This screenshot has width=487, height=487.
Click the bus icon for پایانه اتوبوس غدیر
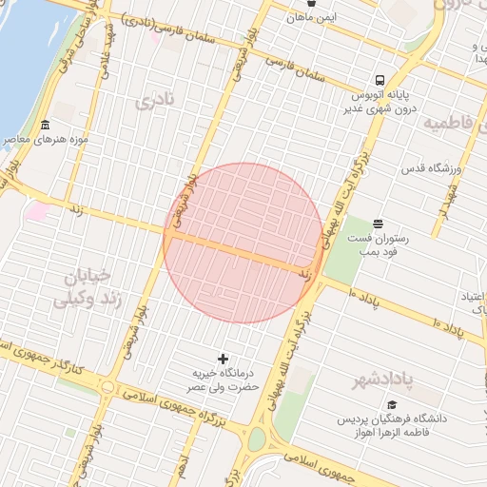(380, 80)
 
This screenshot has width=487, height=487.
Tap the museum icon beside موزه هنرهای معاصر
(46, 127)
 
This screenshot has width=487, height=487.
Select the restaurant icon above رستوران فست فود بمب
(379, 223)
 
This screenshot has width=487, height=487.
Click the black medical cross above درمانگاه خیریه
(224, 359)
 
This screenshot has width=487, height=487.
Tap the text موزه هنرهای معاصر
(84, 139)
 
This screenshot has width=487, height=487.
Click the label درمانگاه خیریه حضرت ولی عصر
(223, 381)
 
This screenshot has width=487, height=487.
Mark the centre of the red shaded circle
(243, 243)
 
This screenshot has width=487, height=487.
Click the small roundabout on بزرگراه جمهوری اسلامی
(108, 387)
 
